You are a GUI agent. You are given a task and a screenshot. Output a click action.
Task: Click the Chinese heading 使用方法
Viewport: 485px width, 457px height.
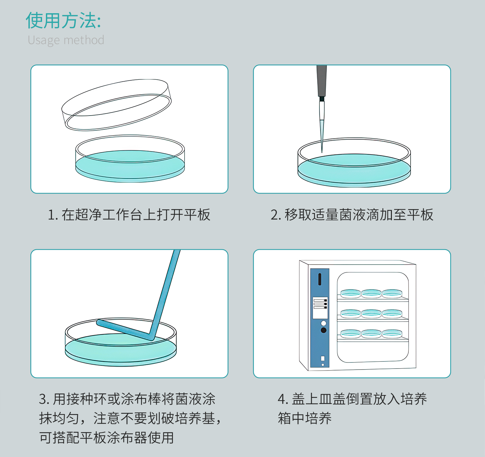63,21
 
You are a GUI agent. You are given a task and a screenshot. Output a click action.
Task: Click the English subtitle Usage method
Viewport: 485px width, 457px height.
66,40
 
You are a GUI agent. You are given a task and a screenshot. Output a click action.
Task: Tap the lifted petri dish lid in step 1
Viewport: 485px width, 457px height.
116,105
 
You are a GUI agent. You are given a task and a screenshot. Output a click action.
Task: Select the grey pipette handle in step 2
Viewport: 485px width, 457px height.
321,81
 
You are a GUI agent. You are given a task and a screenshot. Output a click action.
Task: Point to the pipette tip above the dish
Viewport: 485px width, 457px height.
322,136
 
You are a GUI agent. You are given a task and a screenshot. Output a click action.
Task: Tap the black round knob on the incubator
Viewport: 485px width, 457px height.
323,330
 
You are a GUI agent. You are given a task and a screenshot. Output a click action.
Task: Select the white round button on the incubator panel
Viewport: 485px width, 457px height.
323,323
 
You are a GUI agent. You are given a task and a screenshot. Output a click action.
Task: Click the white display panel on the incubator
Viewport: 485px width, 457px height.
320,308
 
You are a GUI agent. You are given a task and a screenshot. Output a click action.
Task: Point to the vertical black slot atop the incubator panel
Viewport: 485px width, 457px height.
319,279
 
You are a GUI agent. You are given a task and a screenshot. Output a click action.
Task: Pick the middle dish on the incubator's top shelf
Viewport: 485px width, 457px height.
371,293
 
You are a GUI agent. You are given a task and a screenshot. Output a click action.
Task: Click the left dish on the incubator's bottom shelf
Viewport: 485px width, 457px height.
350,333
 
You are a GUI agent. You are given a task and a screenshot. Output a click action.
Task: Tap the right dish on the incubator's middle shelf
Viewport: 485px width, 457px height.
392,313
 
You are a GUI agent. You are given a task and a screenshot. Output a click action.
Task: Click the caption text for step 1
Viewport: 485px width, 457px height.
129,215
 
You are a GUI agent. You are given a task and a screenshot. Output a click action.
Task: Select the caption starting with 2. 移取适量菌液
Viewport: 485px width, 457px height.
352,215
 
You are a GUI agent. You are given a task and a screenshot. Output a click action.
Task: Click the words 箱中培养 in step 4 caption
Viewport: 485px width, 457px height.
305,418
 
